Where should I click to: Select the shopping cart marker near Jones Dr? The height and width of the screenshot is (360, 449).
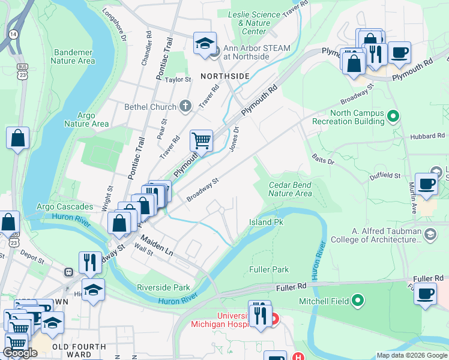pos(202,141)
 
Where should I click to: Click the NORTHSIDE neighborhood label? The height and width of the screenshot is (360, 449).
pos(224,76)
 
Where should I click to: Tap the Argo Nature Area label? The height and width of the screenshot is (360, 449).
pos(93,119)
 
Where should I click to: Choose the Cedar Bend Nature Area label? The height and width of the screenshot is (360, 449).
pos(290,189)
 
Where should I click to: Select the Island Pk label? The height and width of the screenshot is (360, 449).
pos(266,222)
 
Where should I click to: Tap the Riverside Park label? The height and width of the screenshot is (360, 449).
pos(163,287)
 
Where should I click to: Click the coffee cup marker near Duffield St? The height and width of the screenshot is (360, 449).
pos(427,184)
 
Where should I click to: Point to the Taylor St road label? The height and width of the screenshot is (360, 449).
pos(178,79)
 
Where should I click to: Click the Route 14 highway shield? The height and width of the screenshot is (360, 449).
pos(13,34)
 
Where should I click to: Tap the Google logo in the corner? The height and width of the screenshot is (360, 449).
pos(20,353)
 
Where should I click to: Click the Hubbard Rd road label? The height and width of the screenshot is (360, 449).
pos(427,136)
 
